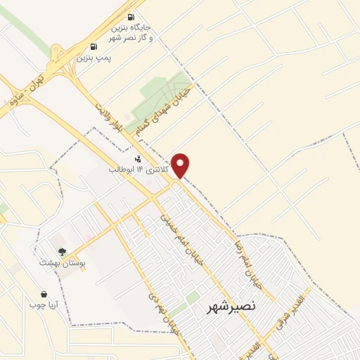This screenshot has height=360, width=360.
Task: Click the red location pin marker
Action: click(181, 164)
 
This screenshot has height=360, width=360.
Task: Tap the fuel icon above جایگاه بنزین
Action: click(130, 18)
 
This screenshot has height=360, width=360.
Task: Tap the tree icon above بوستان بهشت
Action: click(63, 251)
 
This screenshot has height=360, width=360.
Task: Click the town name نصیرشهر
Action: click(231, 307)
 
